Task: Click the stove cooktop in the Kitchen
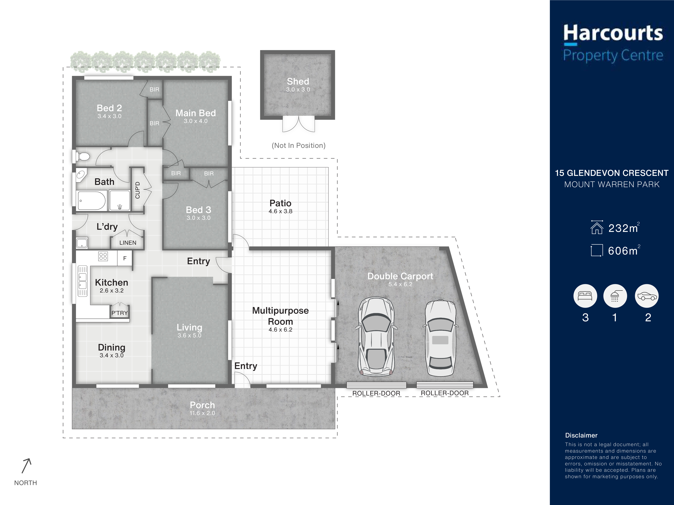point(103,256)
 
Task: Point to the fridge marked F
point(125,258)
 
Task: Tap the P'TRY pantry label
point(119,313)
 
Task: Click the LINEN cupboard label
point(128,243)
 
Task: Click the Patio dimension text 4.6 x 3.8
point(280,211)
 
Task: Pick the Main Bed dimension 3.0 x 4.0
point(196,121)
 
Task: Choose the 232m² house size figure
point(624,228)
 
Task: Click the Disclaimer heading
point(581,435)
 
